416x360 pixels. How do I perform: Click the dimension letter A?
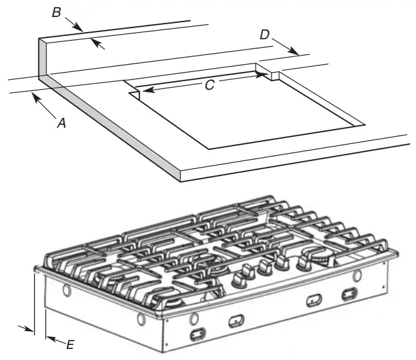tap(61, 122)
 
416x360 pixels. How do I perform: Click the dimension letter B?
tap(57, 12)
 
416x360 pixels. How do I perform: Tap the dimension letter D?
tap(264, 34)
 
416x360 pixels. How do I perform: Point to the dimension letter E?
tap(71, 343)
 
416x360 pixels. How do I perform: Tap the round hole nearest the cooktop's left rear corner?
tap(65, 289)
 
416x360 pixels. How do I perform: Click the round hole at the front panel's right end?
tap(356, 277)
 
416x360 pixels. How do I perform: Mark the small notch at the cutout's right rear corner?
tap(275, 76)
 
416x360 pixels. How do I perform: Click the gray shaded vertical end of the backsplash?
tap(43, 60)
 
